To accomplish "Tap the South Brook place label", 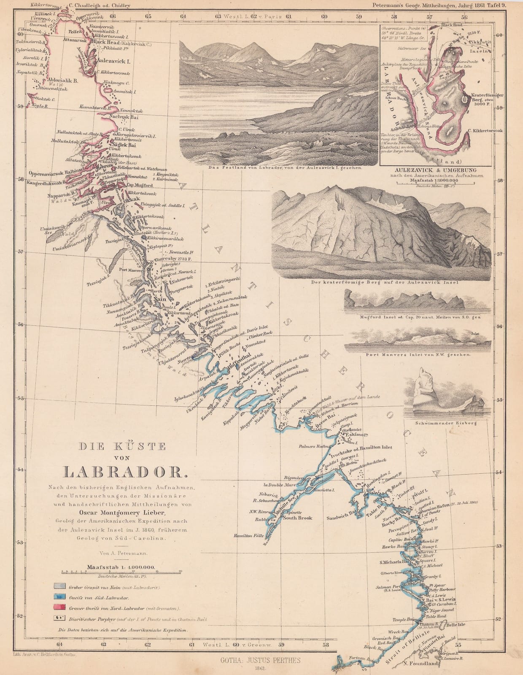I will [297, 518].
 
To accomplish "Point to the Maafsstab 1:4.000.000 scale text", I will [121, 567].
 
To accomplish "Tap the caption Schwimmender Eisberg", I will [445, 423].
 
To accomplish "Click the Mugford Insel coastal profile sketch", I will [416, 302].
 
